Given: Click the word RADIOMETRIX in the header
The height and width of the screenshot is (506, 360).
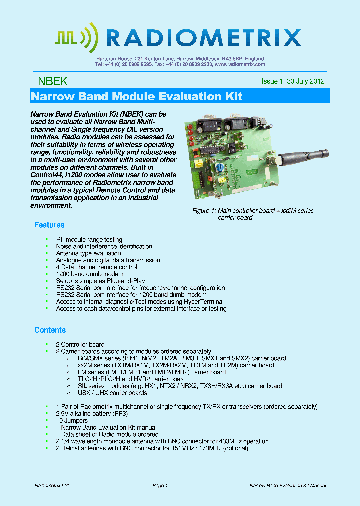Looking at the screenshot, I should tap(203, 38).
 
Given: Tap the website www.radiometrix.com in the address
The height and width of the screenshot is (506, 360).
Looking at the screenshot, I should tap(239, 64).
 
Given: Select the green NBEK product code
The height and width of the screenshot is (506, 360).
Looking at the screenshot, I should tap(52, 81).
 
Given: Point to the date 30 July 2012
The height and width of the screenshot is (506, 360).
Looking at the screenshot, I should tap(306, 81).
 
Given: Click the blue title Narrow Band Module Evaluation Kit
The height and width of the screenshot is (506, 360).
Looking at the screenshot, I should tap(137, 96).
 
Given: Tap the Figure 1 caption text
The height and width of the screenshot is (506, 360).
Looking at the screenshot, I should tap(253, 214).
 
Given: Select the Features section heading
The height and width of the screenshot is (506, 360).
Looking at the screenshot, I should tap(49, 225).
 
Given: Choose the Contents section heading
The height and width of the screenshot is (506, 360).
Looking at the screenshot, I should tap(50, 330).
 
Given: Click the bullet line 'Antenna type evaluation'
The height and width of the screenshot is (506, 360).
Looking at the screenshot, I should tap(88, 253).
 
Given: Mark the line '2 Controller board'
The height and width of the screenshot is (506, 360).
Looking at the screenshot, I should tap(80, 344).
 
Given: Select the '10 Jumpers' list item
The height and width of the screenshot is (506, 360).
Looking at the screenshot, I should tap(72, 421).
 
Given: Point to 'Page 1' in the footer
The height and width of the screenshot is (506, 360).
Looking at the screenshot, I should tap(160, 486).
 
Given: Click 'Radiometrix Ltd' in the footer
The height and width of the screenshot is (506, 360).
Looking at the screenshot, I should tap(52, 486).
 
